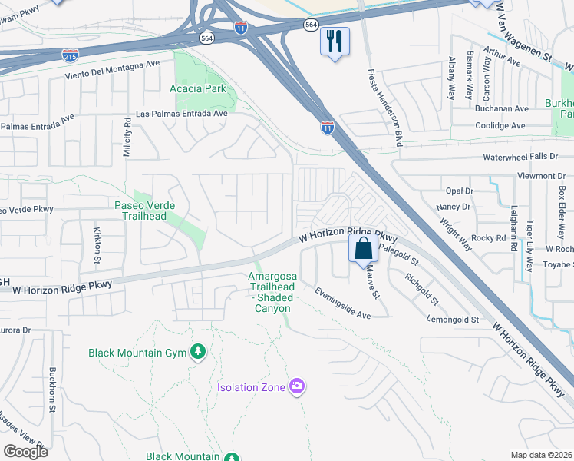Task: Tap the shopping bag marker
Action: [363, 249]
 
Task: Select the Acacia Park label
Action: [198, 88]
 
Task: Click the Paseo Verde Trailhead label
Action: [144, 211]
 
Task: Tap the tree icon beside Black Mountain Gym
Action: [198, 352]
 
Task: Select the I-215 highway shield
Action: [69, 55]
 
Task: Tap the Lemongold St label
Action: [454, 319]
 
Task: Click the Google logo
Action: [25, 452]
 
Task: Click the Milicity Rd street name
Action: [127, 137]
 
